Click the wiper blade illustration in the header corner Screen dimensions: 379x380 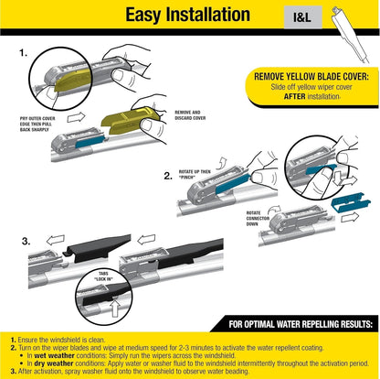(352, 27)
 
